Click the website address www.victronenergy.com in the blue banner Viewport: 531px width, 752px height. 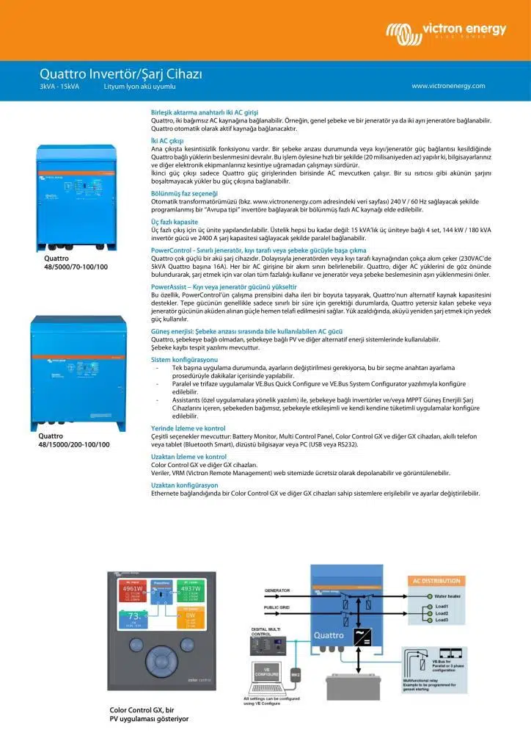448,86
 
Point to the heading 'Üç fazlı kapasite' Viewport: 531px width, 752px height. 174,220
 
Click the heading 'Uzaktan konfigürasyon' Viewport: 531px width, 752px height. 184,485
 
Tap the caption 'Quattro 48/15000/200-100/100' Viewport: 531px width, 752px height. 73,440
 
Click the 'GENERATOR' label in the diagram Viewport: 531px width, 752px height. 277,590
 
